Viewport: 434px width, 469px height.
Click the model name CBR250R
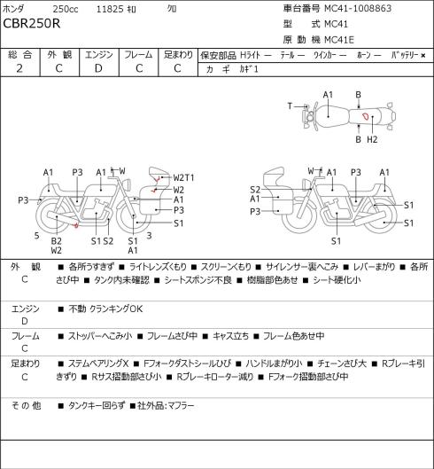[32, 24]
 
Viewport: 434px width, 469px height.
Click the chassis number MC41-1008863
[358, 8]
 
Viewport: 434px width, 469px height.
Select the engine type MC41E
[339, 40]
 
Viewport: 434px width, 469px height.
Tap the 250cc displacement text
[66, 9]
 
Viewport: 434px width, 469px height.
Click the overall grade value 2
[19, 68]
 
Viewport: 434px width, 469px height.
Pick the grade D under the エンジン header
[98, 68]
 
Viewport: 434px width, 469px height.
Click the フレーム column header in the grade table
[138, 55]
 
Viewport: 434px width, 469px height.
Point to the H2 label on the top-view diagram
[372, 139]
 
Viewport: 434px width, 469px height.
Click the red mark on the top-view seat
[366, 116]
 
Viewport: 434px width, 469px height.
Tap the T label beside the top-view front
[290, 106]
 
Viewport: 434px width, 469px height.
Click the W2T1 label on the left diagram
[184, 177]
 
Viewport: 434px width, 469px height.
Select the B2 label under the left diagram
[56, 241]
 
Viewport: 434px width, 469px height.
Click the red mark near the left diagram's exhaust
[76, 225]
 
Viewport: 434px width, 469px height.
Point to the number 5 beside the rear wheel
[36, 236]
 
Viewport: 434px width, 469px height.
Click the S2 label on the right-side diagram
[255, 190]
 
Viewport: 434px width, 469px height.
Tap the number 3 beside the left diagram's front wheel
[149, 236]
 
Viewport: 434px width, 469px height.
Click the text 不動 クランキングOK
[105, 309]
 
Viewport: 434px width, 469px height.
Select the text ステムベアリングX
[98, 363]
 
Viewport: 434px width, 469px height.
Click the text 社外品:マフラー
[166, 405]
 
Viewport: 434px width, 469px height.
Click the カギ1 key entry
[249, 69]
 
